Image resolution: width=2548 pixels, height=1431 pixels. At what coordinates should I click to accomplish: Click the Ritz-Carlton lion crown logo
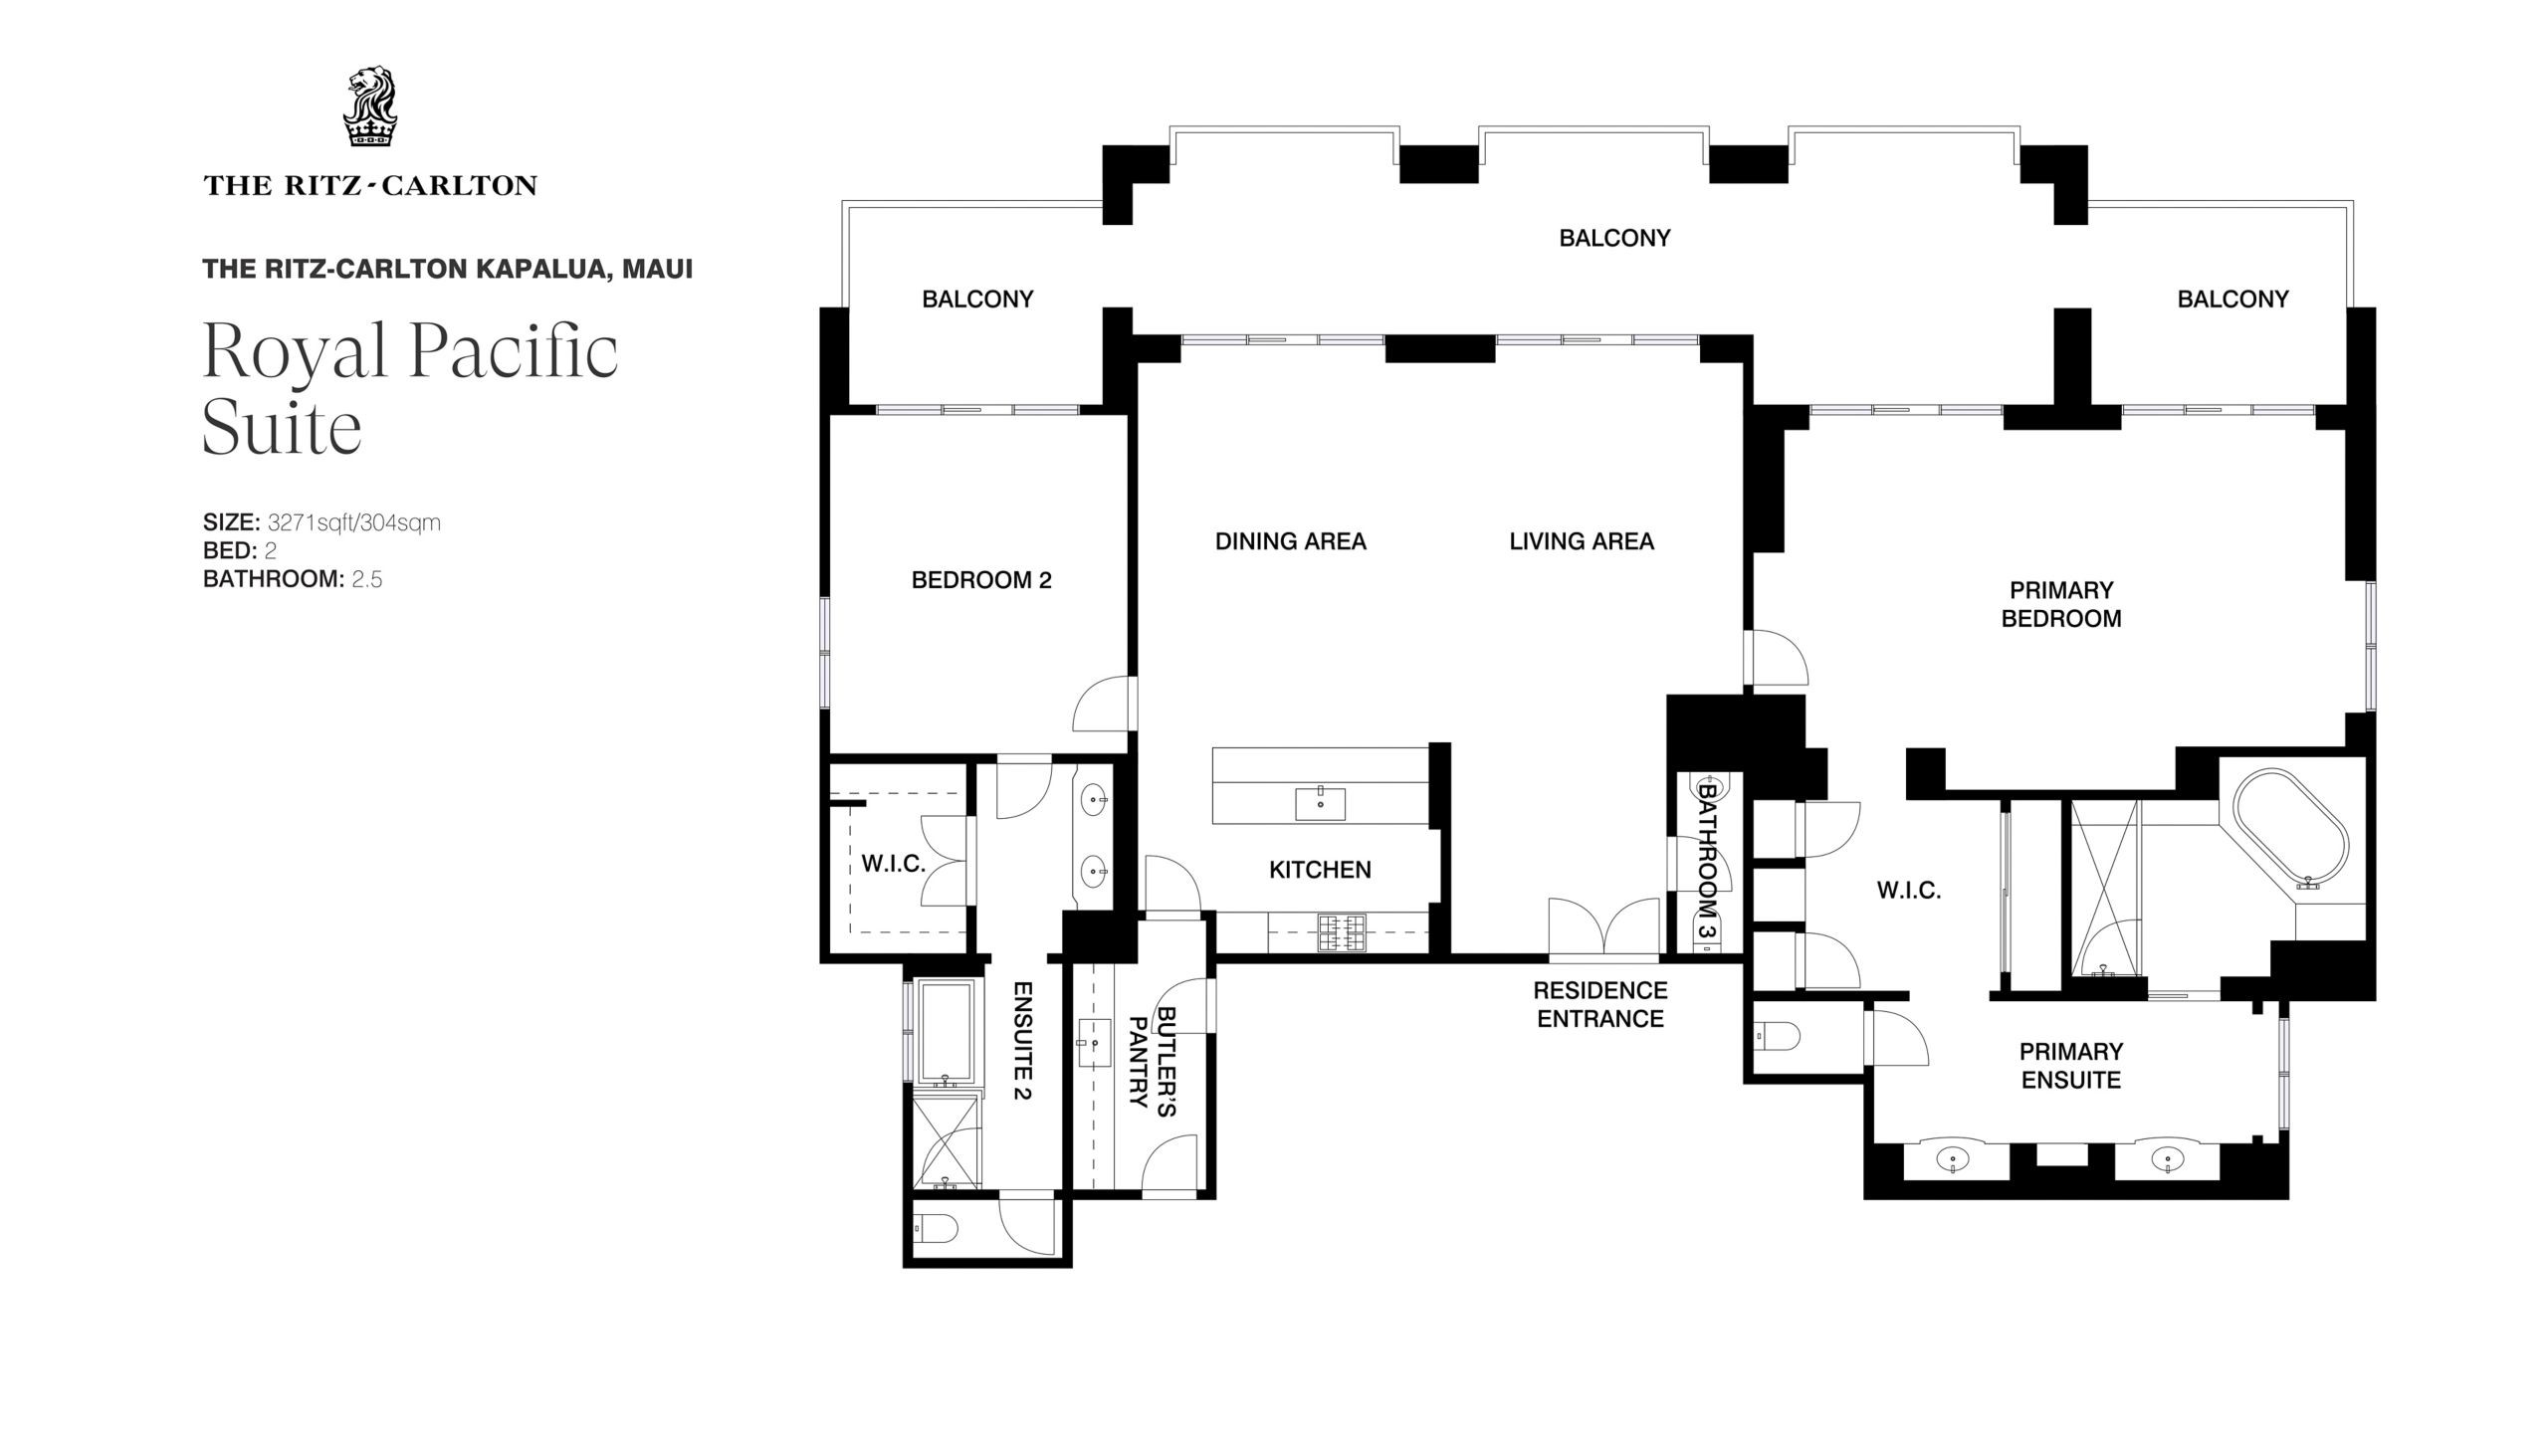[369, 107]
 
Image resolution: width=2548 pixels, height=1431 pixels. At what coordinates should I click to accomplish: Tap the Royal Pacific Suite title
[410, 389]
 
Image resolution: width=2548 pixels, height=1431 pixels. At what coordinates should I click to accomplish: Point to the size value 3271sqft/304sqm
[353, 522]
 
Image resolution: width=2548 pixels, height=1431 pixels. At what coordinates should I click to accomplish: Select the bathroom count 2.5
[367, 579]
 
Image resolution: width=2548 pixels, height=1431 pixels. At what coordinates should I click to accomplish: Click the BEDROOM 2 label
[981, 580]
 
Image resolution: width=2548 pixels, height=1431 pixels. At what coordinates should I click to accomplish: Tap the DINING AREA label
[1291, 541]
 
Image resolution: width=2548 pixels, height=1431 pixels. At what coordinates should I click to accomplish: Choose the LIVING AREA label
[1582, 541]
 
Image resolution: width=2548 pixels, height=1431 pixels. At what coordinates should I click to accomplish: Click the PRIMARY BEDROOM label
[2061, 604]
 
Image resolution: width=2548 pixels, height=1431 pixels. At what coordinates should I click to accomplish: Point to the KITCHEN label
[1320, 870]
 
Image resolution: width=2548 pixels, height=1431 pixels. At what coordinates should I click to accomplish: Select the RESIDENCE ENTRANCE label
[1600, 1004]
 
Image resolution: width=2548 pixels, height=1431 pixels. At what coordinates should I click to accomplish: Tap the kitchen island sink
[1320, 803]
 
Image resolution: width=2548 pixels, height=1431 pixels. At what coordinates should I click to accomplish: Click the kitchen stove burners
[1341, 933]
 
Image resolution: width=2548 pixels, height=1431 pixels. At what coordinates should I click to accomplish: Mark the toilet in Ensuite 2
[935, 1229]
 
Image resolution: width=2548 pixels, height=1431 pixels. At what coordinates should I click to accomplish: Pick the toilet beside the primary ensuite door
[1778, 1037]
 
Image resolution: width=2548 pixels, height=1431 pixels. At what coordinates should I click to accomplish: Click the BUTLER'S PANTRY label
[1153, 1062]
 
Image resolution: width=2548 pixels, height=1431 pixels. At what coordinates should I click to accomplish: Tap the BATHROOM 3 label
[1708, 860]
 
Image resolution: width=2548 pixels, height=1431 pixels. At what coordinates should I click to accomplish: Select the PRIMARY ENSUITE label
[2071, 1066]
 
